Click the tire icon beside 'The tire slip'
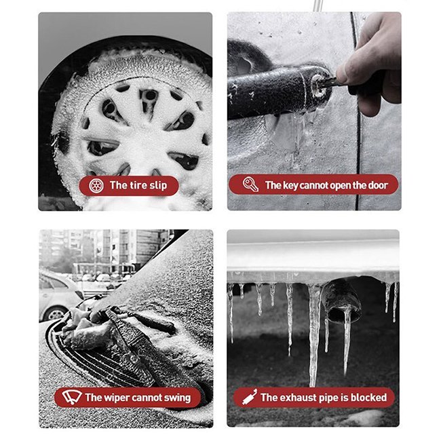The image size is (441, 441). (96, 186)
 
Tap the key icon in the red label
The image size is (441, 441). (250, 185)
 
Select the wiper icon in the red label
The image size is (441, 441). (72, 397)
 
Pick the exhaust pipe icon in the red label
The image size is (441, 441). (250, 397)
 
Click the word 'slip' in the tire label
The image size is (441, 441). (158, 186)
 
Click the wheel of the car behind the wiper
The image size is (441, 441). (56, 314)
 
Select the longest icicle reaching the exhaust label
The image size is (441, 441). (314, 334)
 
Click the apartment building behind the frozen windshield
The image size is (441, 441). (113, 248)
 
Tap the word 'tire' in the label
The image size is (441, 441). (138, 185)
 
